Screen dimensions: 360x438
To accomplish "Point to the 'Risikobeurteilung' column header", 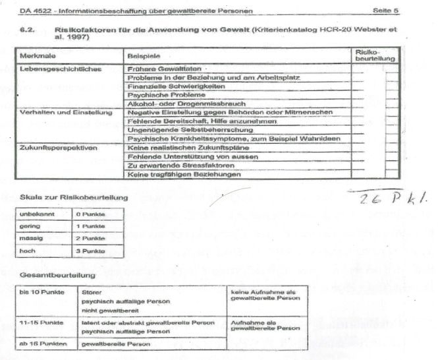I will point(374,55).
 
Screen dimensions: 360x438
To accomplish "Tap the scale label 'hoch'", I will point(29,251).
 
